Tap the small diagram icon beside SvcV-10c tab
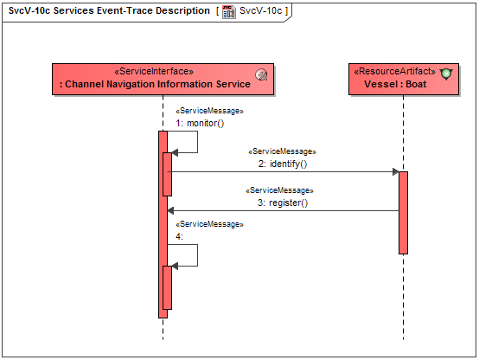[229, 11]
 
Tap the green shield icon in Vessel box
[446, 74]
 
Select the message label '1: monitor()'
[200, 123]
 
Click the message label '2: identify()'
[283, 163]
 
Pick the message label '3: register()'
[283, 202]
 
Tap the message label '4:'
[179, 235]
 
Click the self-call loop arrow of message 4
[197, 255]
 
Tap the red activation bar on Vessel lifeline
[403, 212]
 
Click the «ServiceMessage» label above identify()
[282, 151]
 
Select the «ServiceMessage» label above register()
[280, 190]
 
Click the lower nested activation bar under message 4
[168, 287]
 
